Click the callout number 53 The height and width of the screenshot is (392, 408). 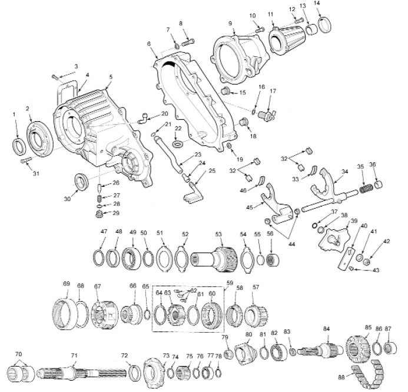[218, 234]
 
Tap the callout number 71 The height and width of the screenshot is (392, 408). [74, 355]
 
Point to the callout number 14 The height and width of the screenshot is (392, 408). [333, 4]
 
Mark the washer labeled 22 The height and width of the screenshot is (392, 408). [177, 143]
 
